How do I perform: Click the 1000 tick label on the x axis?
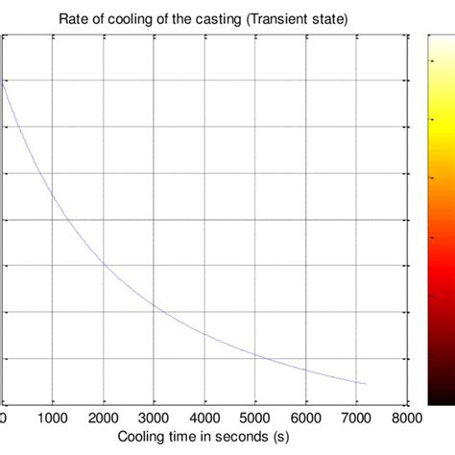[54, 419]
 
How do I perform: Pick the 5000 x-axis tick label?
[254, 419]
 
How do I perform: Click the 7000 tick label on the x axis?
[356, 419]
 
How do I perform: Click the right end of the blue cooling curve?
[366, 384]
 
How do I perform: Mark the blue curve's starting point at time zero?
[4, 83]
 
